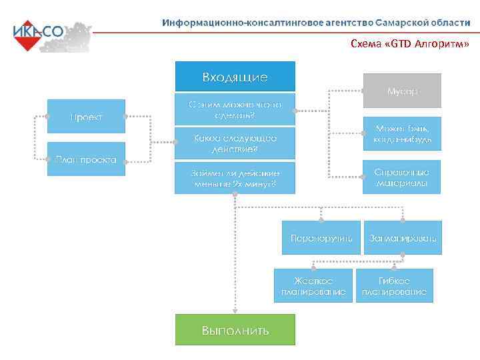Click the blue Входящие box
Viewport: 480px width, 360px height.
[235, 77]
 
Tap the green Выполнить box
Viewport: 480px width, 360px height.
[235, 330]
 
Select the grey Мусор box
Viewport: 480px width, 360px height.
[401, 91]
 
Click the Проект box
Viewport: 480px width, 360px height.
[86, 117]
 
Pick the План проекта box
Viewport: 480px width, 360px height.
[86, 159]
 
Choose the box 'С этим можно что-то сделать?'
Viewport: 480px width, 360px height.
[235, 109]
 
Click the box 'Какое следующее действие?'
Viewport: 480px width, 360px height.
[235, 143]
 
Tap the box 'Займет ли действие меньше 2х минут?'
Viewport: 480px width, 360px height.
[235, 178]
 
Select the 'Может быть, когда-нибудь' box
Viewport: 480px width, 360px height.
[401, 133]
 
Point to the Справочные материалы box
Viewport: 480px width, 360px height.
[401, 177]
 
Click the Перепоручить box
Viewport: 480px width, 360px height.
[321, 237]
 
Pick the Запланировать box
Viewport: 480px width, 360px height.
[403, 237]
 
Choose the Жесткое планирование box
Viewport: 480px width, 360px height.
[313, 285]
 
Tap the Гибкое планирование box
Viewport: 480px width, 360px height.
[394, 285]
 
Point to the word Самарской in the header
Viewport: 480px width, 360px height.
[407, 22]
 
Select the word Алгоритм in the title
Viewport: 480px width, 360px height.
[437, 45]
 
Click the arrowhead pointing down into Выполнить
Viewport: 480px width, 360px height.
[235, 311]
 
